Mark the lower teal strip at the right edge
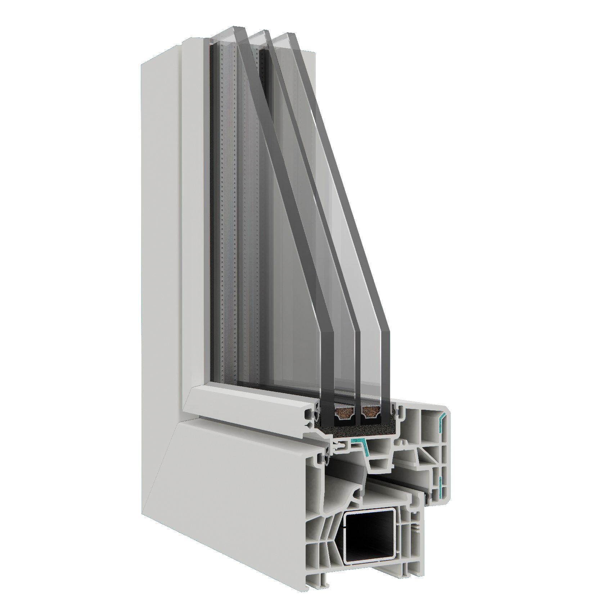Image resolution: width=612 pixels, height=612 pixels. (x=440, y=482)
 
